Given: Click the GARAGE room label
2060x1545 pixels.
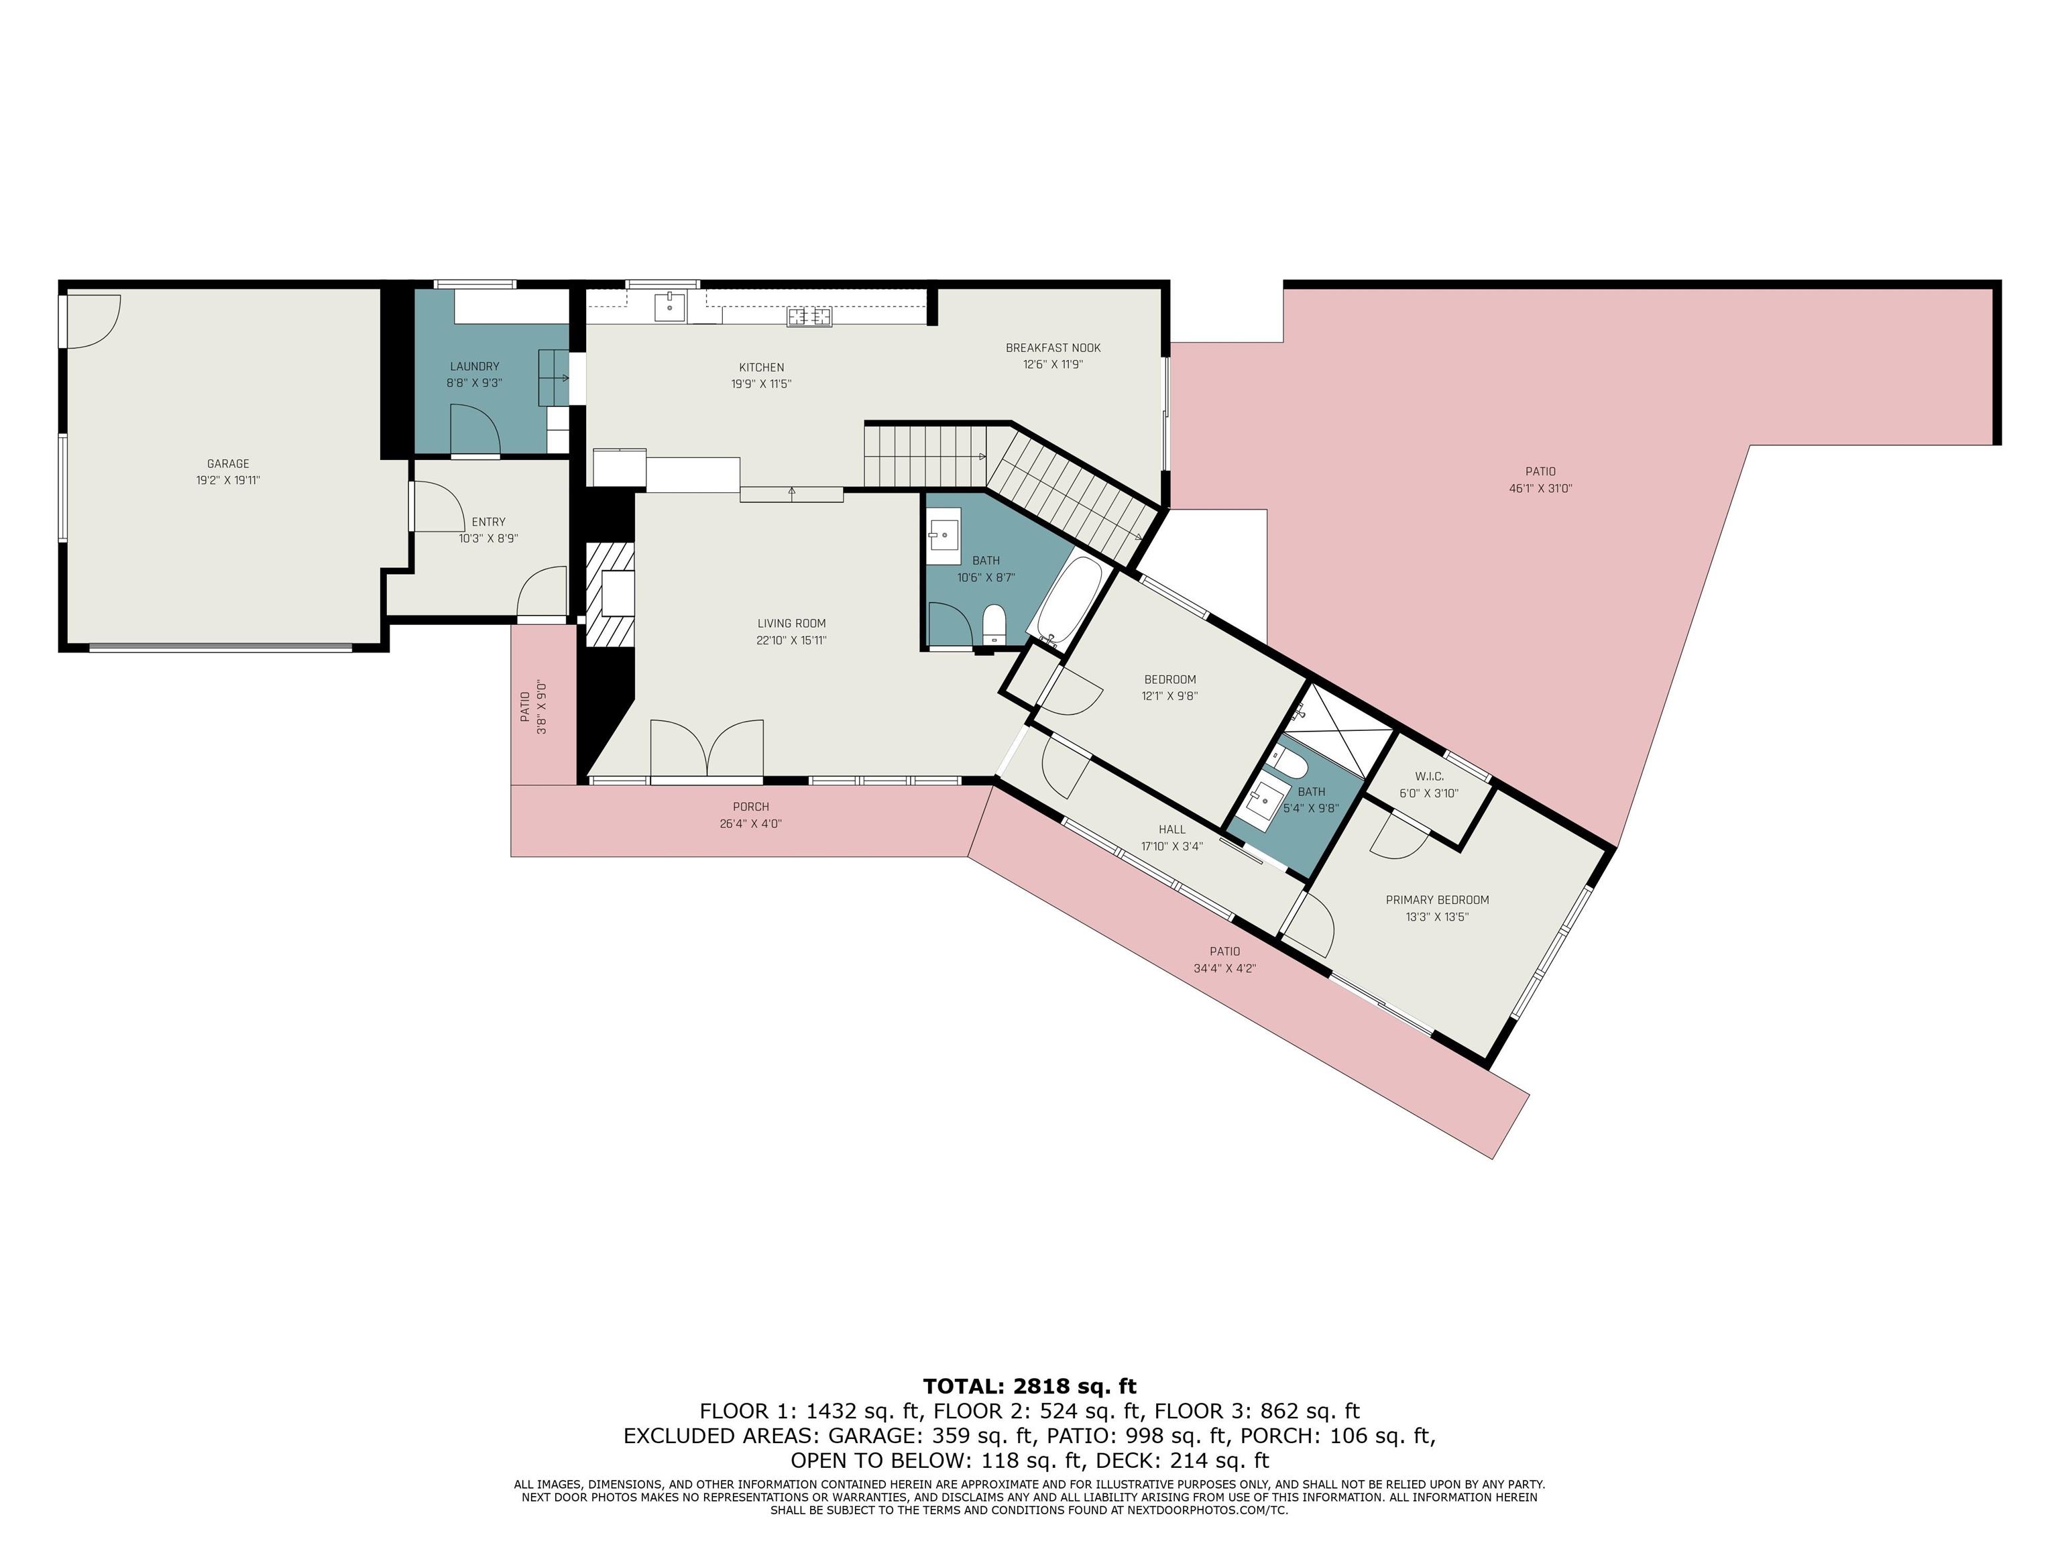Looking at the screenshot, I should click(x=228, y=464).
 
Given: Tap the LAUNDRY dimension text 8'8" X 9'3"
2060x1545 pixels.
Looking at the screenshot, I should click(x=474, y=383).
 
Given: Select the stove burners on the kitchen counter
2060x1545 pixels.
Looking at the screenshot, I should click(x=809, y=318).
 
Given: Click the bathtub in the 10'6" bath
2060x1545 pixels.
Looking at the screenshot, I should click(x=1069, y=596).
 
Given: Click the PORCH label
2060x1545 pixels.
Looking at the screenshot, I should click(x=750, y=807).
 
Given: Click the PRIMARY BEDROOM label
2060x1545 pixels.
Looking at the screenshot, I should click(x=1437, y=900).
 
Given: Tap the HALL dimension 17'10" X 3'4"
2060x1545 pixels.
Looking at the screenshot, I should click(x=1171, y=846).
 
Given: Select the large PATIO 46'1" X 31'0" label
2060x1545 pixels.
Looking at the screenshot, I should click(x=1540, y=471).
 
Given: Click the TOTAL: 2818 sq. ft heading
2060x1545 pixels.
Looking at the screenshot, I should click(x=1029, y=1386).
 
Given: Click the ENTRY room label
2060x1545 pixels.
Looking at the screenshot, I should click(x=488, y=522).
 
